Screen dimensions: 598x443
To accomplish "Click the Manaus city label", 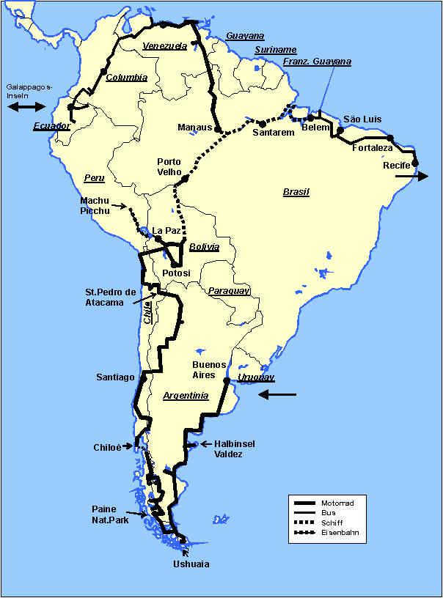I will [x=194, y=128].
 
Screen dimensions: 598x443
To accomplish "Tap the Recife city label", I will [x=397, y=165].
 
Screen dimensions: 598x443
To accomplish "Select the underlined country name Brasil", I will [x=296, y=192].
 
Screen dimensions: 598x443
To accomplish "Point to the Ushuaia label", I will [x=191, y=564].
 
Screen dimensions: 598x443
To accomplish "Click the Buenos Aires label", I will [x=203, y=369].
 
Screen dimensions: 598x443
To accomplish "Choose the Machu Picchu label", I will [x=95, y=206].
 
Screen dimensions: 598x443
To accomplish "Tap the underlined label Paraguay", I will [x=229, y=291].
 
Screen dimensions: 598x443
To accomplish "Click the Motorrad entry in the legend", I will [x=338, y=503].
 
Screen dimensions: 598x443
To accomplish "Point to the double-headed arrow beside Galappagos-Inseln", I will [x=26, y=107].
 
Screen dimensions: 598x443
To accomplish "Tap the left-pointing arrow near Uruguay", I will [x=277, y=395].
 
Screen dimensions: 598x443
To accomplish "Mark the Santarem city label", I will [x=273, y=133].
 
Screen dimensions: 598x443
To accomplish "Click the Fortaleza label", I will [x=372, y=148].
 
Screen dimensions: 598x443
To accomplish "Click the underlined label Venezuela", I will [x=165, y=45].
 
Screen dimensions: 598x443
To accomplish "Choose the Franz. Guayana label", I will [x=318, y=62].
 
